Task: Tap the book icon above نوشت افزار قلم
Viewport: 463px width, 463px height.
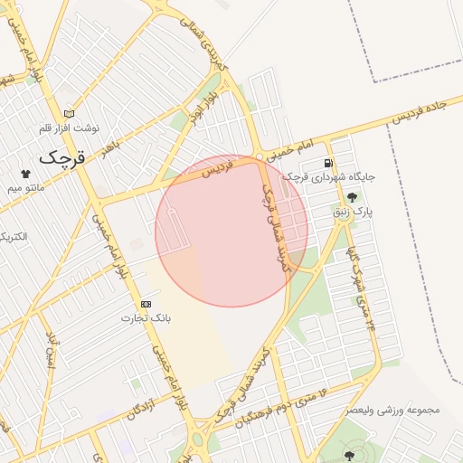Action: (70, 115)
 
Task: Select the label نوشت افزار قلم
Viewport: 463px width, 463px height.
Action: (71, 129)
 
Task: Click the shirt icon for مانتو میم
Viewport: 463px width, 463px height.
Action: (25, 173)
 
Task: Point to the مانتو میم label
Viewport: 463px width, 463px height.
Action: (26, 187)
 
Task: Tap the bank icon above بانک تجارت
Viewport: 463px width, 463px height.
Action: (145, 304)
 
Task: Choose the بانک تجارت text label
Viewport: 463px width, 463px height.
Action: (146, 318)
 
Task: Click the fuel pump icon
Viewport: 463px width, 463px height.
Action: (326, 163)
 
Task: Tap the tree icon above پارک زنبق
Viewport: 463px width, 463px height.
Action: (352, 198)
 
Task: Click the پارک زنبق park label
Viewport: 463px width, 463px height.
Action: (353, 213)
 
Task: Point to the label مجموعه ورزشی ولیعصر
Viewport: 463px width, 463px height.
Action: (392, 410)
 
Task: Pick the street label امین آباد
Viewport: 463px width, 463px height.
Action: (51, 353)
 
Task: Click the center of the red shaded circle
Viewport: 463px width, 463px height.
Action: (231, 231)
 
